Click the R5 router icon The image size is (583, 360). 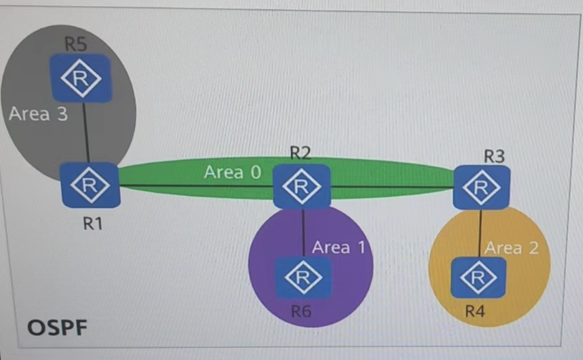(81, 79)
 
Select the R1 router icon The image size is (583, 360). (91, 185)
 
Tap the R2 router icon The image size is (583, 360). (302, 186)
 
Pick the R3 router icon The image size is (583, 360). (482, 187)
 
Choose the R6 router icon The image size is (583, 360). (303, 277)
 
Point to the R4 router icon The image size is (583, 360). (478, 276)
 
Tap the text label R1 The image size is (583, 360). (93, 223)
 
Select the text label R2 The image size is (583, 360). (301, 154)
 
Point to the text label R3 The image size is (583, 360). (494, 155)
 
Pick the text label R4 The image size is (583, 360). (475, 310)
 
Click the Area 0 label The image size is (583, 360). (232, 172)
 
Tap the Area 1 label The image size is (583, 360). (338, 247)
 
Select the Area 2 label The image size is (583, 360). (512, 247)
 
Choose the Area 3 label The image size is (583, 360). (38, 114)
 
